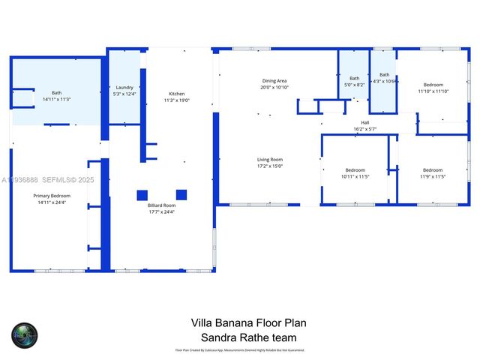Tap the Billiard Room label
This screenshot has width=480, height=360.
pyautogui.click(x=162, y=205)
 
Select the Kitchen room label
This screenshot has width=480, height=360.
pyautogui.click(x=177, y=94)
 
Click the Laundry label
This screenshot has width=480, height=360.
pyautogui.click(x=124, y=88)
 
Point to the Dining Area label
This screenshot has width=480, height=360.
pyautogui.click(x=274, y=81)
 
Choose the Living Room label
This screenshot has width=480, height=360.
pyautogui.click(x=270, y=159)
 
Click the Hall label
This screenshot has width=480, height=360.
pyautogui.click(x=365, y=123)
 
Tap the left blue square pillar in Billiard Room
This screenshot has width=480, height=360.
pyautogui.click(x=142, y=195)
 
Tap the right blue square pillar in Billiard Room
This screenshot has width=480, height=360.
pyautogui.click(x=181, y=195)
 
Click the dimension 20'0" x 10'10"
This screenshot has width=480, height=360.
pyautogui.click(x=274, y=88)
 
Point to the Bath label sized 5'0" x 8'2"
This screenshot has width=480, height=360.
pyautogui.click(x=355, y=79)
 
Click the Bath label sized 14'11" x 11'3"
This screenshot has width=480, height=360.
pyautogui.click(x=56, y=92)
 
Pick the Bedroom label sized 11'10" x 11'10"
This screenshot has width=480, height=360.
pyautogui.click(x=433, y=85)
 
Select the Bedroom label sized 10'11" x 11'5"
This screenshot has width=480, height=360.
pyautogui.click(x=355, y=169)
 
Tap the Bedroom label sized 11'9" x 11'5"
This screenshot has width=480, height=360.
pyautogui.click(x=433, y=169)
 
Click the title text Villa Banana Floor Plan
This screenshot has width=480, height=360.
pyautogui.click(x=248, y=323)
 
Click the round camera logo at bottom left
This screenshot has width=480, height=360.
pyautogui.click(x=23, y=335)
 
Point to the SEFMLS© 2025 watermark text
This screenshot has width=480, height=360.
pyautogui.click(x=67, y=180)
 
